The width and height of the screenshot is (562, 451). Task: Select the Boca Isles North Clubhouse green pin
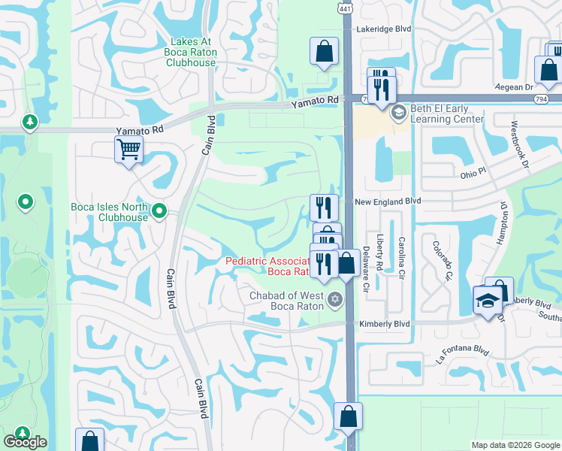[x=159, y=212]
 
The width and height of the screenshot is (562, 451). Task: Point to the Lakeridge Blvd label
[x=385, y=29]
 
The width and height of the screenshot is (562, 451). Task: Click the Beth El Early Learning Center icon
[x=397, y=112]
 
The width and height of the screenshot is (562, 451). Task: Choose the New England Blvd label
[x=388, y=201]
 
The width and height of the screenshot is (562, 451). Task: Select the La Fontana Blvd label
[x=463, y=355]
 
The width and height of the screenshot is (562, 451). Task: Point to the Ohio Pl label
[x=475, y=174]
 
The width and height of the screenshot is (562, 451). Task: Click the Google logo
[x=25, y=442]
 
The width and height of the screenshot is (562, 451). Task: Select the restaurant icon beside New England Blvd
[x=324, y=207]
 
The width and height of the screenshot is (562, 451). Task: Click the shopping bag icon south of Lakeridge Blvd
[x=324, y=52]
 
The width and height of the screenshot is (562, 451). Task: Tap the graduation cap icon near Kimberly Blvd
[x=487, y=301]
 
